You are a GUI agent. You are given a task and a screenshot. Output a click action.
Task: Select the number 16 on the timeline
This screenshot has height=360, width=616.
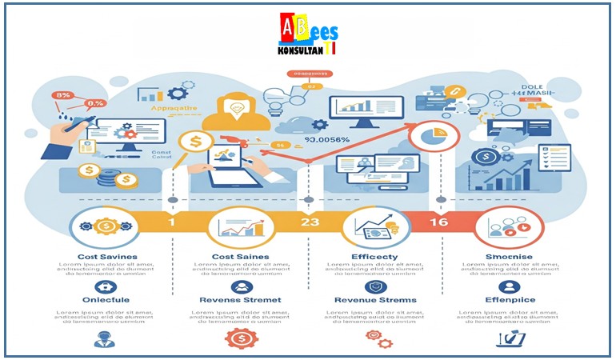click(x=438, y=222)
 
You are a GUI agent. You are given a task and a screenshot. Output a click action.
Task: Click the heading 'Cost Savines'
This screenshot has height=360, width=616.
click(x=107, y=256)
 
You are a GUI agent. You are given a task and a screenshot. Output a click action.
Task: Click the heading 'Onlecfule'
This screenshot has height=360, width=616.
click(x=106, y=300)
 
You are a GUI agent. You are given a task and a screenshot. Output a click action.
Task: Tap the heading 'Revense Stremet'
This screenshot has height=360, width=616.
click(x=240, y=300)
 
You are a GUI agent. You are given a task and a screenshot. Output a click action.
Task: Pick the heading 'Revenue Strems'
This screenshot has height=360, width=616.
click(x=374, y=300)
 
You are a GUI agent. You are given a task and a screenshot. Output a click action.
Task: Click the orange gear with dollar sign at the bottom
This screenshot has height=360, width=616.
click(x=241, y=339)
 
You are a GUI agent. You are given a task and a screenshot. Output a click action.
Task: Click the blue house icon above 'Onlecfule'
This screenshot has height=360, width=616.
click(x=106, y=286)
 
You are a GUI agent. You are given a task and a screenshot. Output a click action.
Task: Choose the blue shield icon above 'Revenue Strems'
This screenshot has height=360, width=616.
click(x=374, y=286)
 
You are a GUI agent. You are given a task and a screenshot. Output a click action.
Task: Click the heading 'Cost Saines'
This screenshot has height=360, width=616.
click(x=241, y=256)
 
